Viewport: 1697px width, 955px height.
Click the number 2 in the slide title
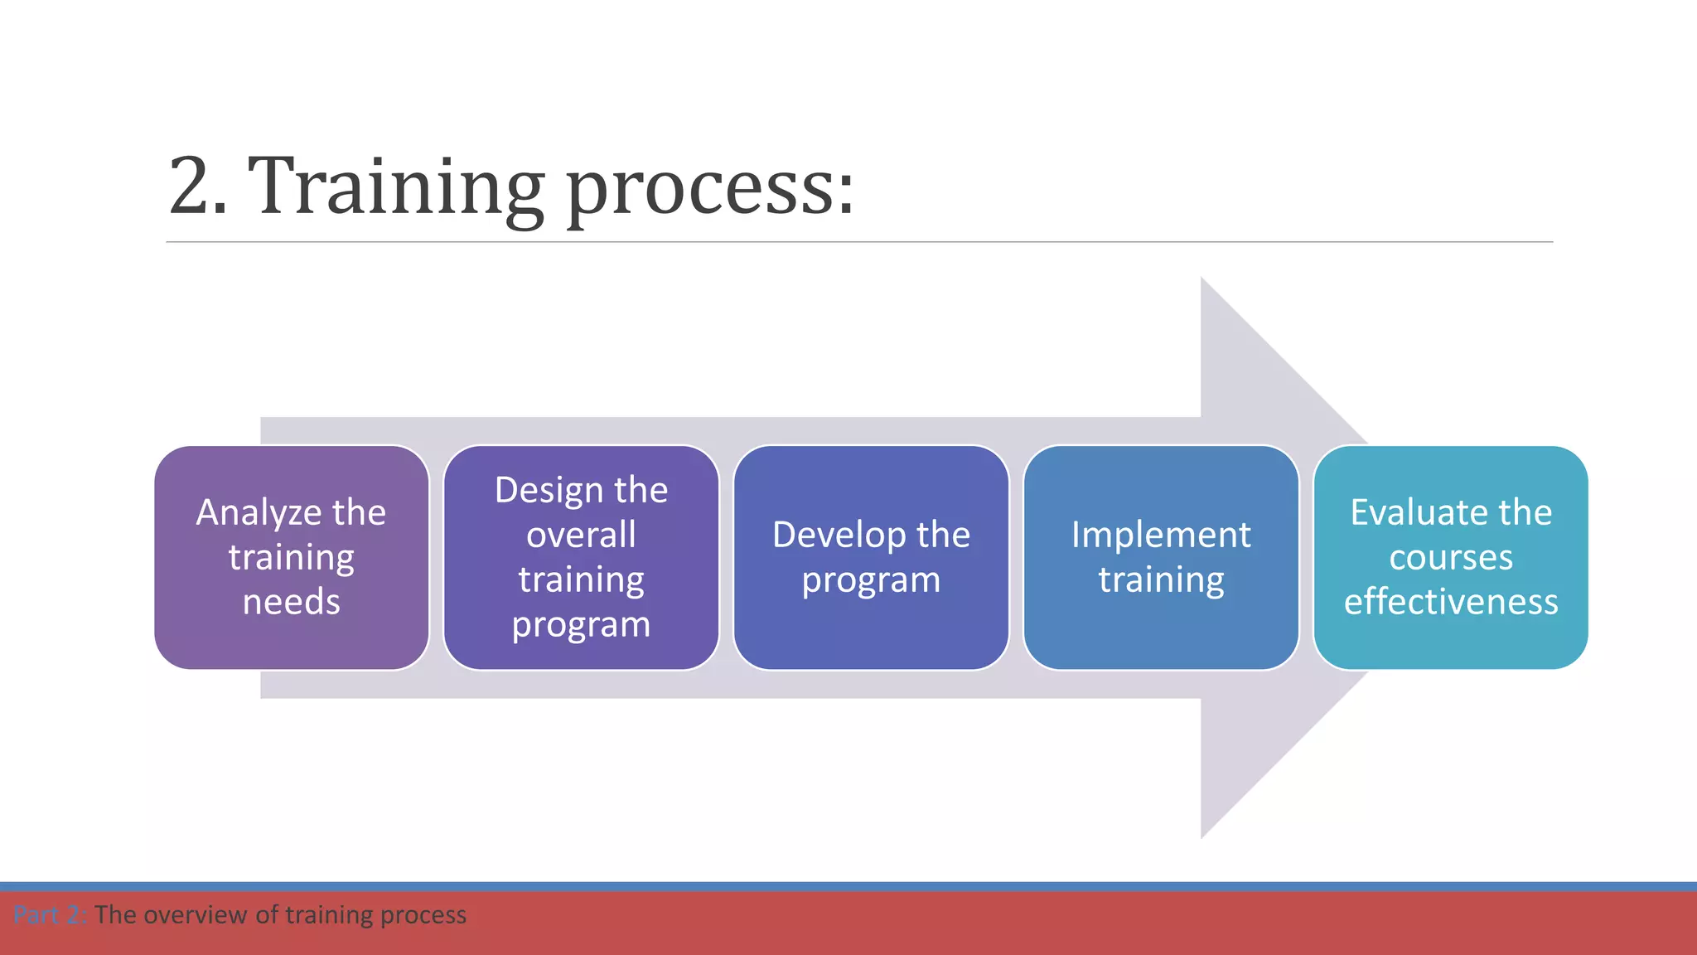[197, 187]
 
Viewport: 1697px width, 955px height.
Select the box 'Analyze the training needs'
[292, 557]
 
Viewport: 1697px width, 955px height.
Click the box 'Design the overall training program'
[581, 557]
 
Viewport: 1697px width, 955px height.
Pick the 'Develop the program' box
[871, 557]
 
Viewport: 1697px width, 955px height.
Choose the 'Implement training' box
[1161, 557]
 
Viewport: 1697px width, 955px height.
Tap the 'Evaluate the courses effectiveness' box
[1451, 557]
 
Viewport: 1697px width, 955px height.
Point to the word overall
[581, 535]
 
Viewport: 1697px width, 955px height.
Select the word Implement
[1161, 535]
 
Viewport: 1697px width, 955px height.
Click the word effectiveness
[1451, 602]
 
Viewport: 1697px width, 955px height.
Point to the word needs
[292, 602]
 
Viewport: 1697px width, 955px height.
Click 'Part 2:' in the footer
[50, 915]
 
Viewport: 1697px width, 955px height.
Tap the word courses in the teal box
[1451, 557]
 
